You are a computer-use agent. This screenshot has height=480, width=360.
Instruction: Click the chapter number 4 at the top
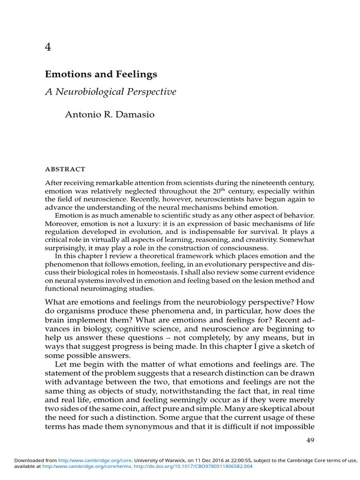[x=48, y=47]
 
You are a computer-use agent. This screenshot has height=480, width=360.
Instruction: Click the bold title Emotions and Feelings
[x=101, y=74]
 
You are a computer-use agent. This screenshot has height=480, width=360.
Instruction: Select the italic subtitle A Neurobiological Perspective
[x=111, y=91]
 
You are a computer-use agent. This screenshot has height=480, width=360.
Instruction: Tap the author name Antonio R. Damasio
[x=109, y=115]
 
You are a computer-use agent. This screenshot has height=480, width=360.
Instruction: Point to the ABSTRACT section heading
[x=65, y=169]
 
